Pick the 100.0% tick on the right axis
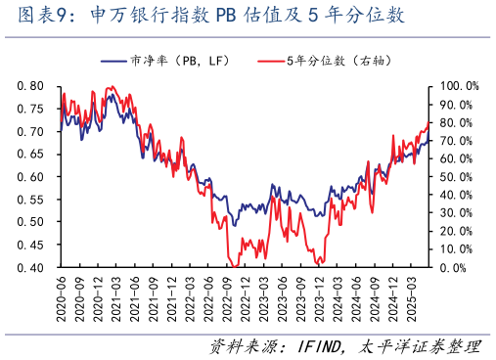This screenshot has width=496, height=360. [456, 86]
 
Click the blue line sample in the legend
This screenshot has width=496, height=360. [114, 61]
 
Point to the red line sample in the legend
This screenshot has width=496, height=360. [269, 61]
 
